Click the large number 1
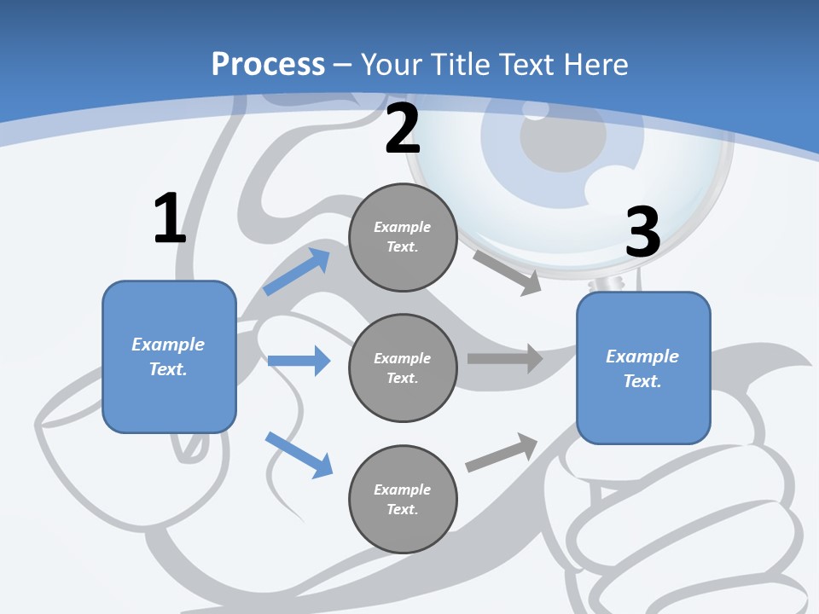click(169, 219)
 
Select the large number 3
click(642, 232)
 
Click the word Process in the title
click(268, 64)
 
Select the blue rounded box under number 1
click(169, 356)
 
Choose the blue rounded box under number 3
click(643, 368)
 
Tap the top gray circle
click(403, 237)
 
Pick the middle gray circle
click(403, 368)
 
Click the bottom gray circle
click(403, 499)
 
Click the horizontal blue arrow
click(299, 361)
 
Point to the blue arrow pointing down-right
click(299, 455)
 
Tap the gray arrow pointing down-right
click(508, 272)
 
